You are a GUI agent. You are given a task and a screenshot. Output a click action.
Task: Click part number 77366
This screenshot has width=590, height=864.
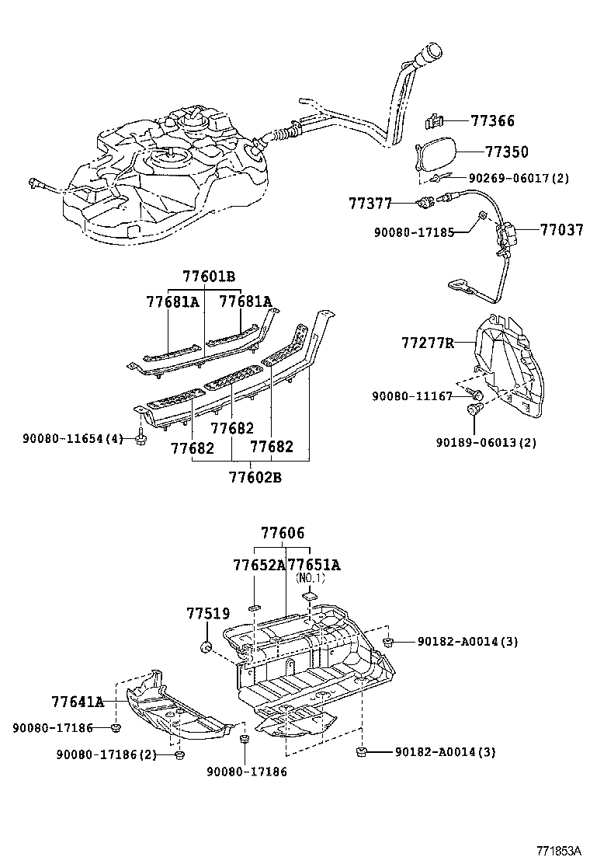click(492, 120)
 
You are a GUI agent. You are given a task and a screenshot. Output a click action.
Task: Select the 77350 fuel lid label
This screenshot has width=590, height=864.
click(506, 152)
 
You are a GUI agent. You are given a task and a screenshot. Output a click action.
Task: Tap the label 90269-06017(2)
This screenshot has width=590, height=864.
click(519, 178)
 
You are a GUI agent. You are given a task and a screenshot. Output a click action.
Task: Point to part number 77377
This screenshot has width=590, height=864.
click(370, 204)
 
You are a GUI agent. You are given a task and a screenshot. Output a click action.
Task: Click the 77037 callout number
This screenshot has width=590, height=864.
click(561, 230)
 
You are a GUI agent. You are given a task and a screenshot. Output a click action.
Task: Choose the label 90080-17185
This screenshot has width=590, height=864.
click(415, 232)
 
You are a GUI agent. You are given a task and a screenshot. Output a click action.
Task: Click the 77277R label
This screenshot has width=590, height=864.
click(429, 343)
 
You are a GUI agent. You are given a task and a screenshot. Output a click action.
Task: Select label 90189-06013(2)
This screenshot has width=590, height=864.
click(486, 442)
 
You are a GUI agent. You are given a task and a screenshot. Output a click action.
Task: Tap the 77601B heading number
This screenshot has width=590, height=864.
click(209, 277)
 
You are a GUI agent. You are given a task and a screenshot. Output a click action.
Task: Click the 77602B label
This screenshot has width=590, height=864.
click(255, 476)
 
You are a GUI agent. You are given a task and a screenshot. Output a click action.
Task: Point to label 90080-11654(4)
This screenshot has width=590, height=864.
click(73, 439)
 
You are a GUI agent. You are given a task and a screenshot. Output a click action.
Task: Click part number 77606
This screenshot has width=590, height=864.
click(283, 533)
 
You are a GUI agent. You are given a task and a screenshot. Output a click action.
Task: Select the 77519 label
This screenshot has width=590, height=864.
click(208, 613)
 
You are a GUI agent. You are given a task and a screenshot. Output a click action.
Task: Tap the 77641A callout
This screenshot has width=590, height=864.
click(78, 702)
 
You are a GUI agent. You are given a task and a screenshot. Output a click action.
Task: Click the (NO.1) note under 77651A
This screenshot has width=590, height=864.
click(311, 578)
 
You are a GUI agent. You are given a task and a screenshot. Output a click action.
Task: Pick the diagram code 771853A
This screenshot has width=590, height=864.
click(559, 850)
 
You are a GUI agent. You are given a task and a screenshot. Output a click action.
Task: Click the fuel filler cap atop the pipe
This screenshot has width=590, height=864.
click(430, 54)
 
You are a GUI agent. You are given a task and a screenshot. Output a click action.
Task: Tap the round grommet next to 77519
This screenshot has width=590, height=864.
click(206, 646)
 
